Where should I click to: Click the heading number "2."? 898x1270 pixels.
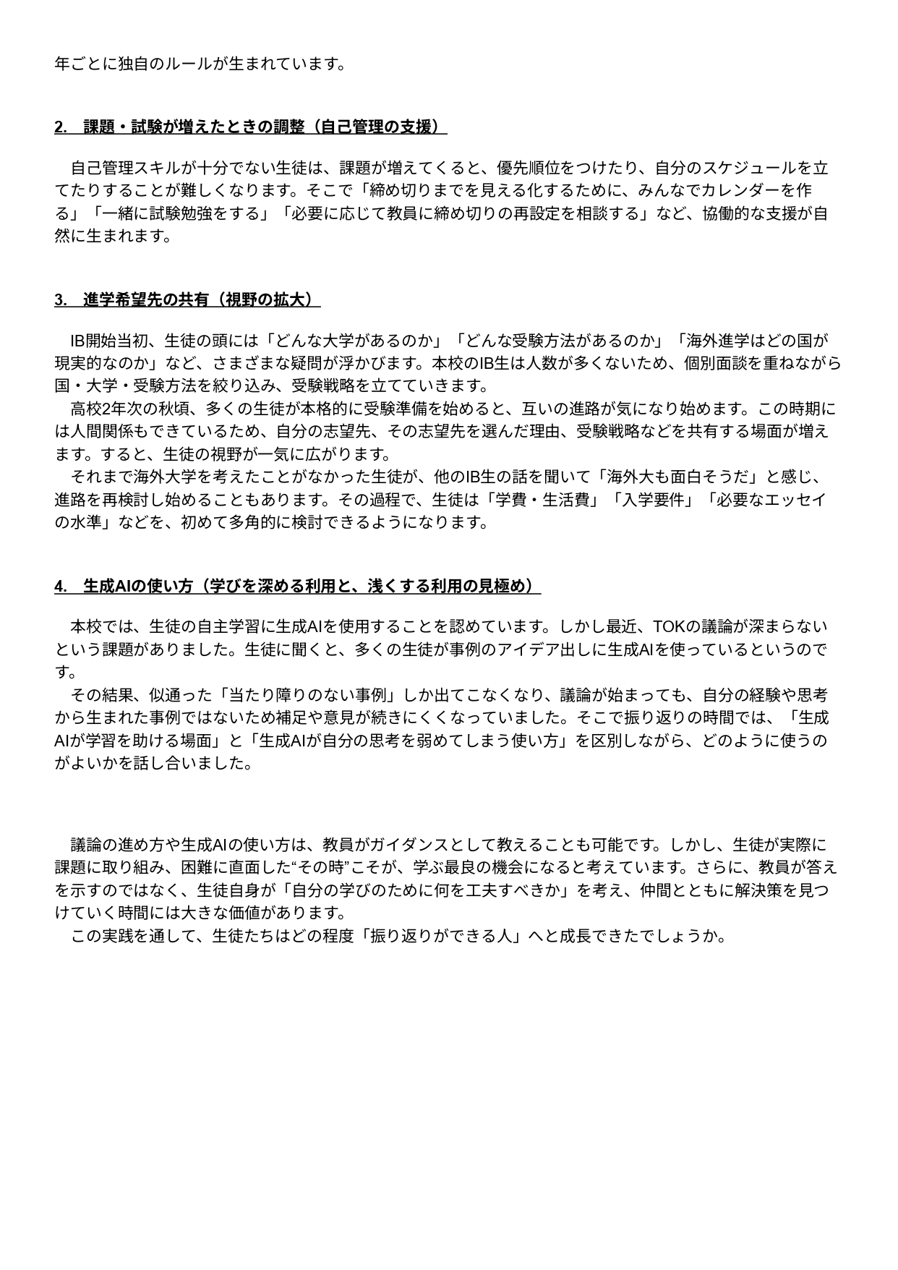(61, 127)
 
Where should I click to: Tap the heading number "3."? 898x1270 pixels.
(61, 299)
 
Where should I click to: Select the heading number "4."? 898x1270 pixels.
(61, 586)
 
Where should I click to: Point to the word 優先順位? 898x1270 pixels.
(528, 169)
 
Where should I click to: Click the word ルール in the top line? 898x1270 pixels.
(188, 64)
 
